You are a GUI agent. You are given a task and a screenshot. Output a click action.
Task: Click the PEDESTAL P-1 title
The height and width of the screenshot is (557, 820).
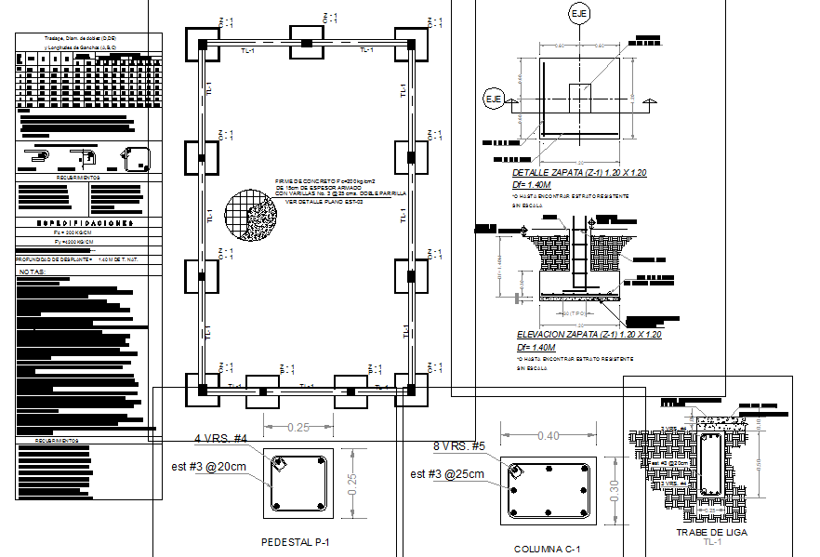point(297,540)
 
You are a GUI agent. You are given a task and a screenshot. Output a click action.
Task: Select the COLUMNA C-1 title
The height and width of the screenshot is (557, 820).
point(548,549)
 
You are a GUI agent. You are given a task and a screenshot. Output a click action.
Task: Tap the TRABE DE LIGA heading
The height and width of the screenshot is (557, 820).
point(711,533)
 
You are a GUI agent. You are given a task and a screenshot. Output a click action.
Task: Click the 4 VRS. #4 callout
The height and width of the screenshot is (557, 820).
point(220,438)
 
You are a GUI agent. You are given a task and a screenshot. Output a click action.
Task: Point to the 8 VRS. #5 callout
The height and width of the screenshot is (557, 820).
point(460,446)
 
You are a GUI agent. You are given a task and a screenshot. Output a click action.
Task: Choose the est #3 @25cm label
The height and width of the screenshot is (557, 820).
point(447,474)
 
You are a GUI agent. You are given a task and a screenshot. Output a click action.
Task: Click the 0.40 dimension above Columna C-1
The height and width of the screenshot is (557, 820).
point(548,436)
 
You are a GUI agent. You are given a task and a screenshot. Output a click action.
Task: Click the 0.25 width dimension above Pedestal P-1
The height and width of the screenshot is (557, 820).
point(298,427)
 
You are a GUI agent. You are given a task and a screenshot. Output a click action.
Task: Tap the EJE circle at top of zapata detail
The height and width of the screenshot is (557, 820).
point(579,14)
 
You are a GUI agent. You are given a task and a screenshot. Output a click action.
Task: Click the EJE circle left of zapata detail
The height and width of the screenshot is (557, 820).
point(493,98)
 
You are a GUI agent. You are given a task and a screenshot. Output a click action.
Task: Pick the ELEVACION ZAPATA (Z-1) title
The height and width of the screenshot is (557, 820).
point(588,335)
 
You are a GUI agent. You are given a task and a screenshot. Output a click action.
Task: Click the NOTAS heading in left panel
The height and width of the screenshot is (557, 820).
point(32,272)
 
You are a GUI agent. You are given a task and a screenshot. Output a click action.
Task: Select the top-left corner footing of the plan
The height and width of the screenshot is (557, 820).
point(202,43)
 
